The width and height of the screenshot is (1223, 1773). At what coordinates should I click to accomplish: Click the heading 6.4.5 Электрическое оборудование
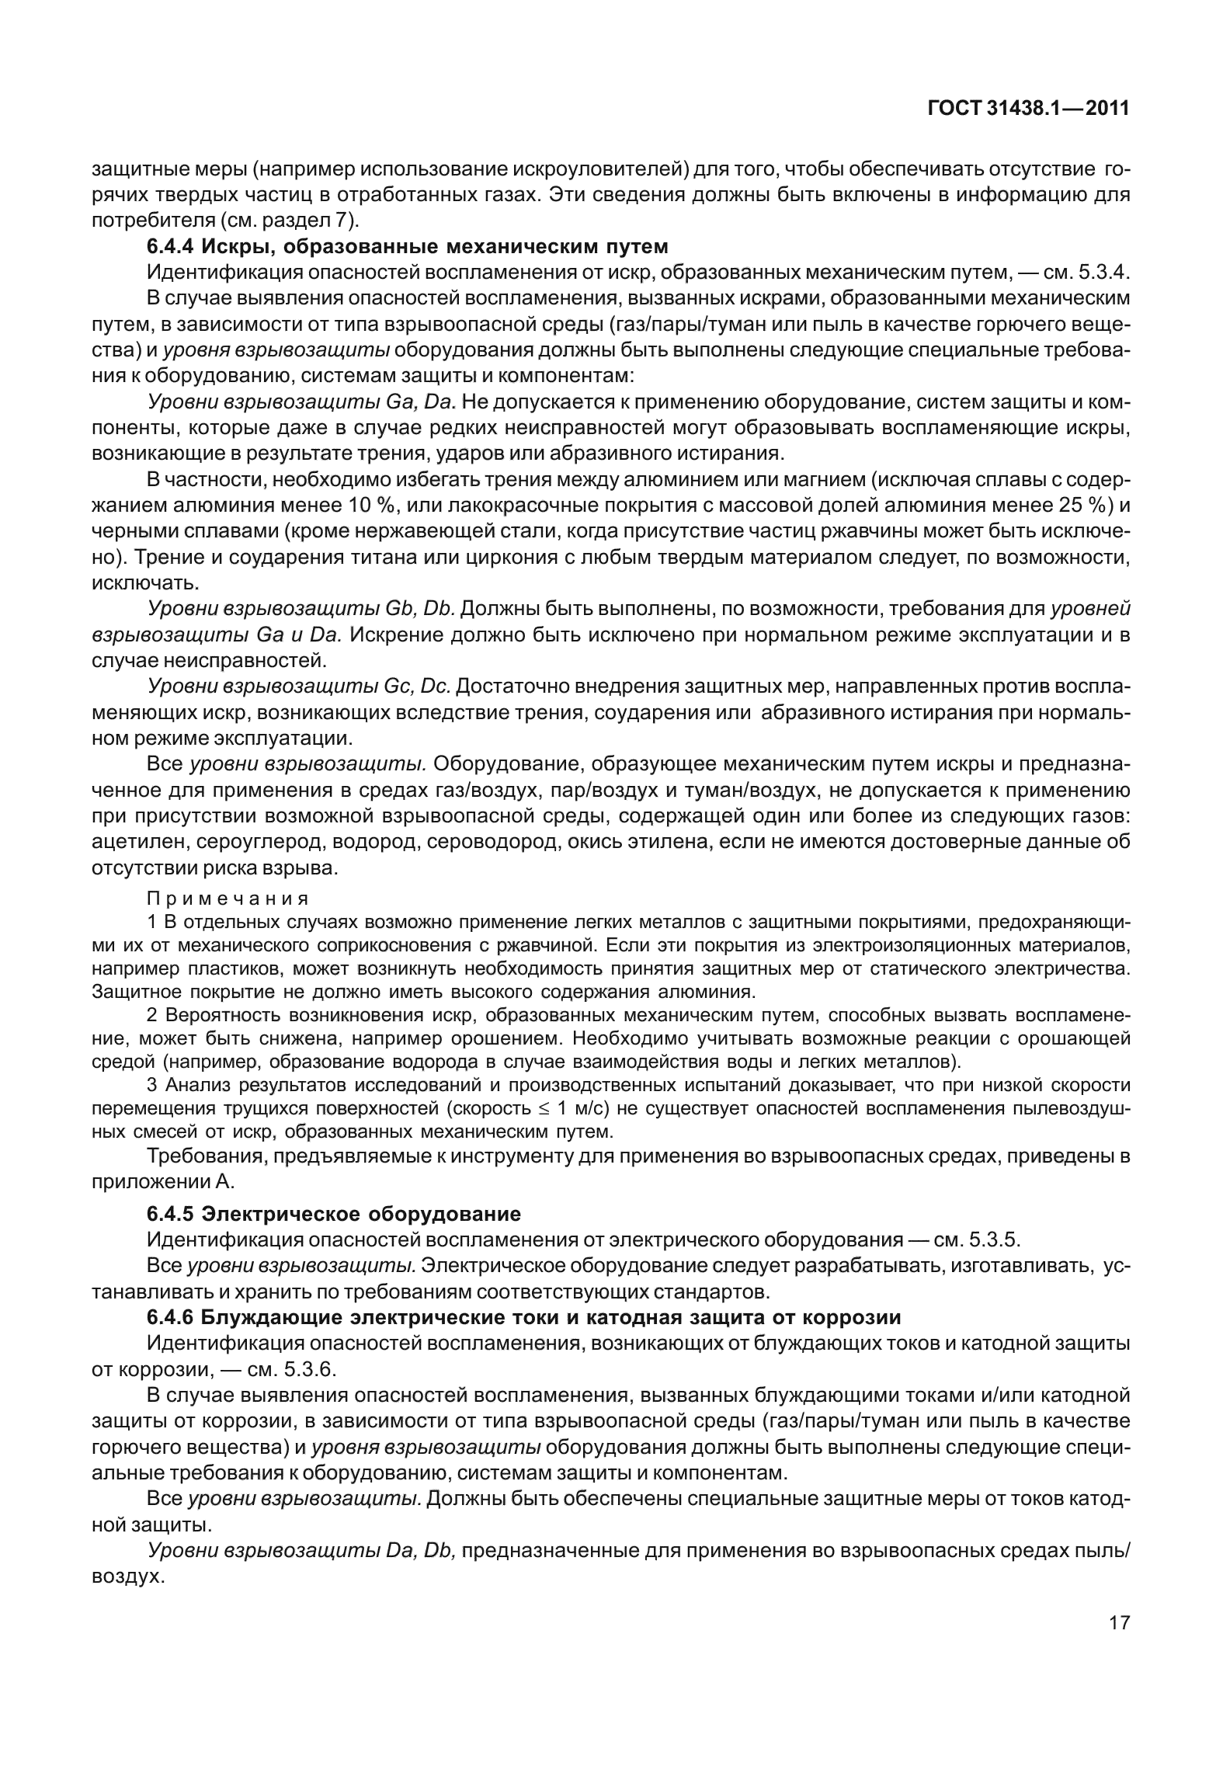coord(334,1213)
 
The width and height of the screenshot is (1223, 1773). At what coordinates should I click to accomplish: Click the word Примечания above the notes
coord(228,899)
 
